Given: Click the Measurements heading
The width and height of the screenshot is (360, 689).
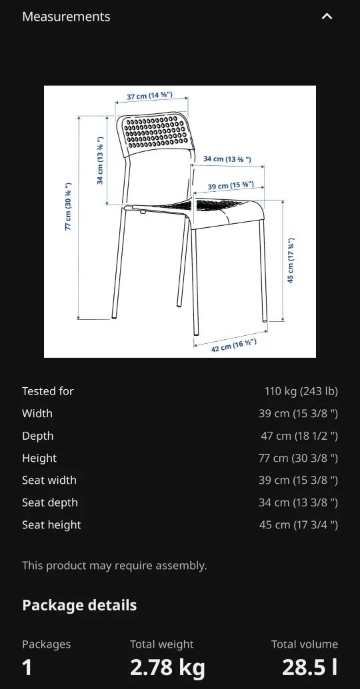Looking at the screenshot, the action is tap(66, 17).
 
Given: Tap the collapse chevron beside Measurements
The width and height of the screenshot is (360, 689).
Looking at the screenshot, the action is tap(327, 17).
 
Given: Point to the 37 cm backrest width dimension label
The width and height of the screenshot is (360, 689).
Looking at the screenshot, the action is tap(149, 96).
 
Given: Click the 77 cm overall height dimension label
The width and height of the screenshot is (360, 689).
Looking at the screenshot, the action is tap(68, 206).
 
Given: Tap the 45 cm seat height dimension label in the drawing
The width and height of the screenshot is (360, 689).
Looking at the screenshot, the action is tap(291, 261).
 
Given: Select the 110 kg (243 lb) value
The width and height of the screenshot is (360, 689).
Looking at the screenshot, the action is tap(301, 391).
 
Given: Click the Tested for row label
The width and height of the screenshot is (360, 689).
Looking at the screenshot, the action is tap(48, 391).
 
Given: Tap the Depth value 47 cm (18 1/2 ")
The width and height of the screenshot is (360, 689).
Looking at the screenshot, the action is tap(299, 436).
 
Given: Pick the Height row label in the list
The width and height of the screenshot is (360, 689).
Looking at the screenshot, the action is tap(39, 458).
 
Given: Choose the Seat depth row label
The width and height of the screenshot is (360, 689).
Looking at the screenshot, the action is tap(50, 502).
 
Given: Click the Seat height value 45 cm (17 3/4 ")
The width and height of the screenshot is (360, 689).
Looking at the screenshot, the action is tap(298, 524).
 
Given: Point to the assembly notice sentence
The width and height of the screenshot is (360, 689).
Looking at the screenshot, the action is tap(115, 565).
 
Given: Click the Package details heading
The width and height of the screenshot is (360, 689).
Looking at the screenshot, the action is tap(79, 605).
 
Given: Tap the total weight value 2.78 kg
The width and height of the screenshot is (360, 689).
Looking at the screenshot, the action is tap(167, 667).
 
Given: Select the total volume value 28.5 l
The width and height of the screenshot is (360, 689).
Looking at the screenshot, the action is tap(309, 667).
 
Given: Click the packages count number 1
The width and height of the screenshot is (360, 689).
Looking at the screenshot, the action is tap(27, 667).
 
